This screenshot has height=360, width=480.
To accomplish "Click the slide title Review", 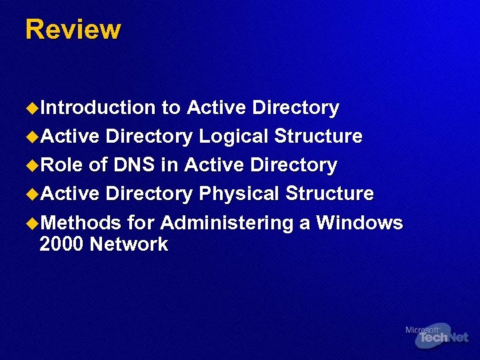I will pos(73,30).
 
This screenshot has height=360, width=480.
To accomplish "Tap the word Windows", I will pos(359,223).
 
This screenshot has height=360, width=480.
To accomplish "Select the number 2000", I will pos(61,245).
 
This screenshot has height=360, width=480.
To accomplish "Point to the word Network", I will pos(129,245).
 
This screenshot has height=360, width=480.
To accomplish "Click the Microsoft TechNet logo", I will pos(437,336).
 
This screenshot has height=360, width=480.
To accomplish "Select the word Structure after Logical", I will pos(319,137).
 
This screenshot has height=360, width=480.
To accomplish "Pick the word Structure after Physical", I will pos(329,194).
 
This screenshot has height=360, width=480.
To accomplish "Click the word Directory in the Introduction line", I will pos(296,108).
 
